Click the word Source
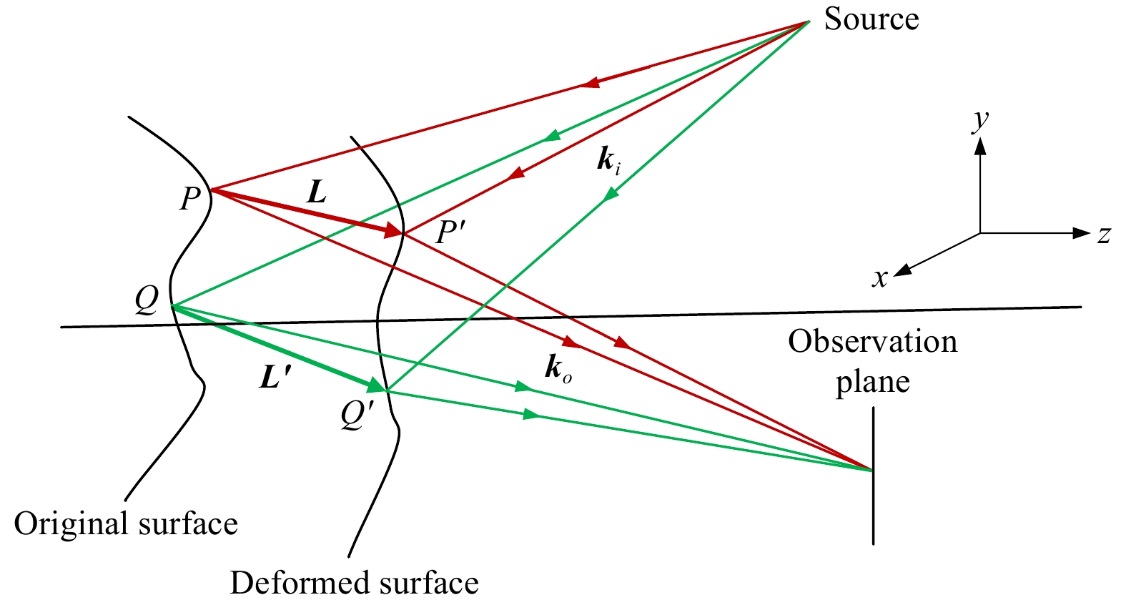pyautogui.click(x=871, y=19)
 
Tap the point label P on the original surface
pyautogui.click(x=189, y=198)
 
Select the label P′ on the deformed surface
pyautogui.click(x=450, y=232)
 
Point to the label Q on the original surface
pyautogui.click(x=147, y=301)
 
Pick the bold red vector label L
pyautogui.click(x=316, y=192)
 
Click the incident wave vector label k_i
pyautogui.click(x=608, y=162)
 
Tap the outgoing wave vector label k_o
pyautogui.click(x=558, y=368)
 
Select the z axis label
pyautogui.click(x=1104, y=235)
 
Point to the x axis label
pyautogui.click(x=879, y=277)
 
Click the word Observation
pyautogui.click(x=872, y=342)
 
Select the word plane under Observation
pyautogui.click(x=872, y=382)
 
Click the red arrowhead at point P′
pyautogui.click(x=394, y=231)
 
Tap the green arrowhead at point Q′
pyautogui.click(x=376, y=386)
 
